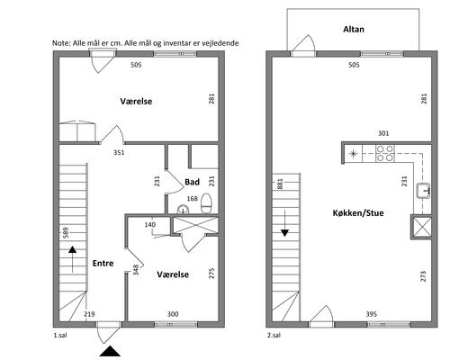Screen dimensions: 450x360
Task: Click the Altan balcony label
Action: [x=354, y=30]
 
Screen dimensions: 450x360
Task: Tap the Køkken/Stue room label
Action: [x=358, y=213]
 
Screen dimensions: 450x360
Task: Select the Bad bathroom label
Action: [x=192, y=182]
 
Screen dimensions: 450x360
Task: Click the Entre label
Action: [x=103, y=264]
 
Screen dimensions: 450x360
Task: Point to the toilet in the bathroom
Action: [x=206, y=203]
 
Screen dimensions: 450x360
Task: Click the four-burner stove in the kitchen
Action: [x=385, y=153]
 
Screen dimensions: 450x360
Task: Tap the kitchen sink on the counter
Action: [x=423, y=191]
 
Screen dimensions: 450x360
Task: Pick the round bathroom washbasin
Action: [x=183, y=209]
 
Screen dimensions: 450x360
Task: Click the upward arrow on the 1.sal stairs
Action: [x=72, y=259]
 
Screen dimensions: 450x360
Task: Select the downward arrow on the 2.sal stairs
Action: [x=284, y=223]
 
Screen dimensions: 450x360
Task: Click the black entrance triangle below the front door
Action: [x=110, y=351]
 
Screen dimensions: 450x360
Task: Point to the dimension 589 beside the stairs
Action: [x=66, y=232]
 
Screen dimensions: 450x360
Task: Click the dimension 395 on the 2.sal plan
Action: [x=372, y=314]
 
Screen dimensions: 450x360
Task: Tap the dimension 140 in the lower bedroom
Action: [x=150, y=224]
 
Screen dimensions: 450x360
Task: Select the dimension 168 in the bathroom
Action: [x=192, y=198]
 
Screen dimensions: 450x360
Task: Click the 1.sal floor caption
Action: [x=60, y=336]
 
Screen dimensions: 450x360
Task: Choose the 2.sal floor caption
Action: [x=274, y=336]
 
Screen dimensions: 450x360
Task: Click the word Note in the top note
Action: [x=61, y=43]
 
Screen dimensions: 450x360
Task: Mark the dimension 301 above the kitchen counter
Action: [x=383, y=133]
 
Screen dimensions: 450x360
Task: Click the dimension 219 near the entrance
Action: [x=89, y=314]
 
